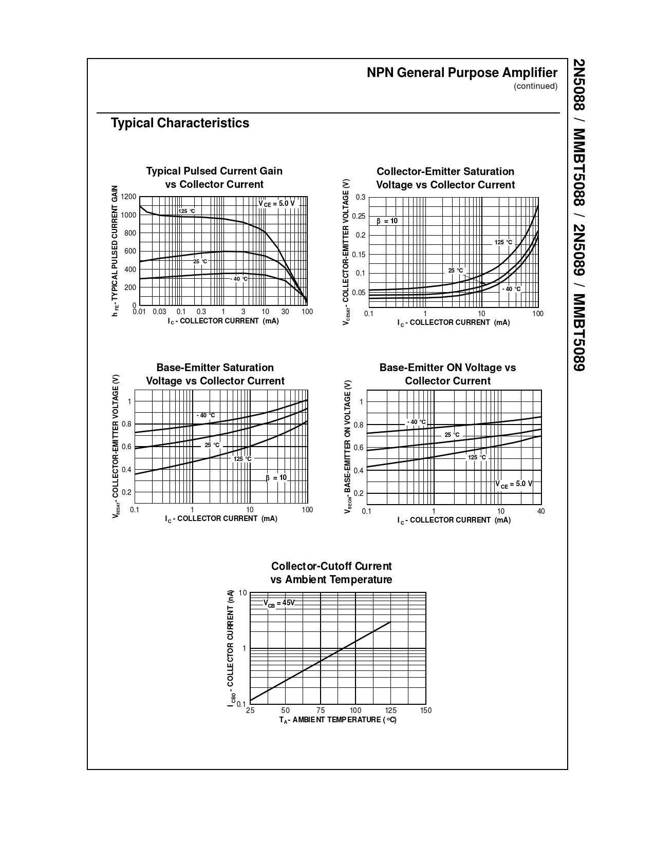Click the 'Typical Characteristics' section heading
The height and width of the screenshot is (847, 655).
click(x=180, y=123)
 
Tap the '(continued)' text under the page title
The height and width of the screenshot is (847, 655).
click(x=535, y=86)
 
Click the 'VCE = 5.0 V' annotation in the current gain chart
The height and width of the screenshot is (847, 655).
click(x=276, y=204)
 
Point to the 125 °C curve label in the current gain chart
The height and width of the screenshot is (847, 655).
click(x=186, y=211)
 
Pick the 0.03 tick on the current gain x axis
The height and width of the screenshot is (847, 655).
click(x=159, y=312)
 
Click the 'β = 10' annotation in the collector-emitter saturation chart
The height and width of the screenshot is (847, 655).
click(x=387, y=221)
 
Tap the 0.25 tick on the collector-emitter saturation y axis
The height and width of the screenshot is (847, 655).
click(x=359, y=216)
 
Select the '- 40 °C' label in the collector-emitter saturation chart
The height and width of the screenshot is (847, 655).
click(x=511, y=289)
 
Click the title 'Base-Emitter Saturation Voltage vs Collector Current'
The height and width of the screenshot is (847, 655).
click(x=215, y=374)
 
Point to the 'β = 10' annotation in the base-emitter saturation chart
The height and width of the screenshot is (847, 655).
click(x=276, y=478)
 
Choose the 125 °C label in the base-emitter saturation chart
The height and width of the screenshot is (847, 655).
click(x=242, y=458)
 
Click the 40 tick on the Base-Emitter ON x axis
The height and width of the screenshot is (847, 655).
click(x=541, y=511)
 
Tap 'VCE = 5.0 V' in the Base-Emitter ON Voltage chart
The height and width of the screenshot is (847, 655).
click(x=513, y=484)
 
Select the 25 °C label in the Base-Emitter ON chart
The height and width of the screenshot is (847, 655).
click(x=452, y=435)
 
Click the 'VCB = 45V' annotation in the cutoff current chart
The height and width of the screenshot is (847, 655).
click(x=279, y=603)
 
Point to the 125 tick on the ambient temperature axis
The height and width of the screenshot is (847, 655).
click(x=390, y=710)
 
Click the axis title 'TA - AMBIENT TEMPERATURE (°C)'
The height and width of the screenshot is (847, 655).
click(x=338, y=720)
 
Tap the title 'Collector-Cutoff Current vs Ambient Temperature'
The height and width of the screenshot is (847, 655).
click(x=331, y=573)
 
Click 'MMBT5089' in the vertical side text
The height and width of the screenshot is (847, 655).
click(x=579, y=333)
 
